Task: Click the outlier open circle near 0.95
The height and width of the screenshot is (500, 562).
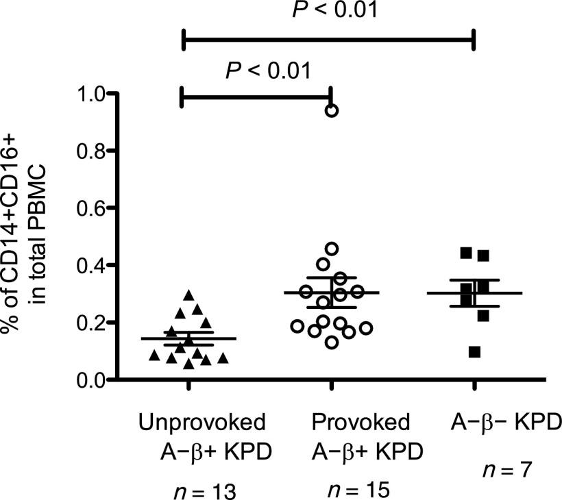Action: (x=331, y=110)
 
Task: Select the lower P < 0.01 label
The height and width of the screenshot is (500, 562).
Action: (x=268, y=70)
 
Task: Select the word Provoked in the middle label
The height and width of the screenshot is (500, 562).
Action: (x=361, y=420)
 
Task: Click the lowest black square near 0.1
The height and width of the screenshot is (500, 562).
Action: (x=474, y=352)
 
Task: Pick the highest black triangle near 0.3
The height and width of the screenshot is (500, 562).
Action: (x=190, y=296)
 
